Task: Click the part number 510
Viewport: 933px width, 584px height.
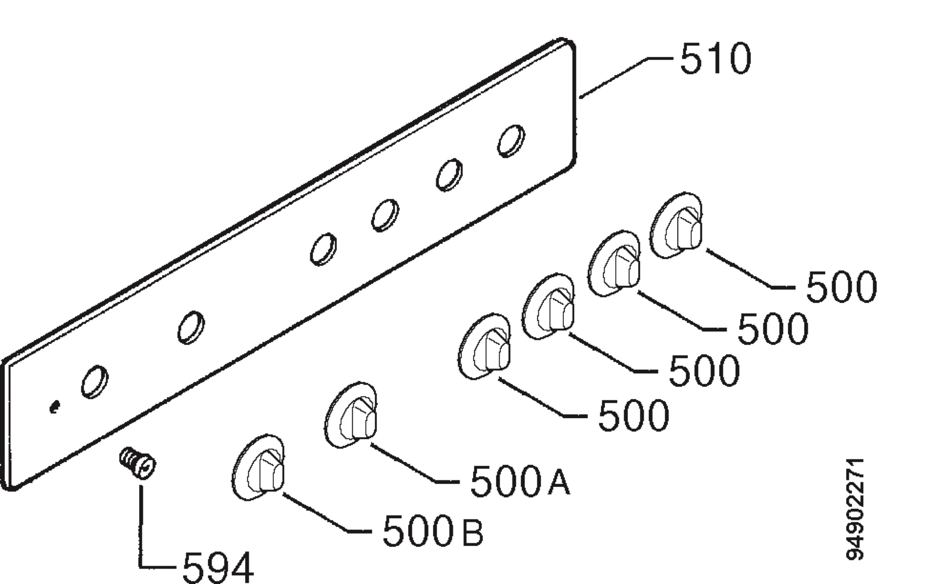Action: click(716, 59)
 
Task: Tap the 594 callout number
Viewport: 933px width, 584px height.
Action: click(218, 568)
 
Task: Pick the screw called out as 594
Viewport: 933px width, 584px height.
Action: click(138, 463)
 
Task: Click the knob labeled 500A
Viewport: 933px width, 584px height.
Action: click(351, 415)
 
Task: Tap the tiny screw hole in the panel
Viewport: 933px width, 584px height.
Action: click(55, 407)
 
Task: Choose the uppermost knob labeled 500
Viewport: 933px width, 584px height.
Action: click(676, 225)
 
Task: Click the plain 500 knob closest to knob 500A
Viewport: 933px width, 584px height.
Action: click(484, 346)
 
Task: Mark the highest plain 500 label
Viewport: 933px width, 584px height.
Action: click(842, 287)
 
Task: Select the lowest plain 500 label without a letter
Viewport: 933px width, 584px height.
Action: click(634, 416)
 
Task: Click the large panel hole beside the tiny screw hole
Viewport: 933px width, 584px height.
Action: click(95, 382)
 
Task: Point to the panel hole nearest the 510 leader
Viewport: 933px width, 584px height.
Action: click(511, 141)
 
